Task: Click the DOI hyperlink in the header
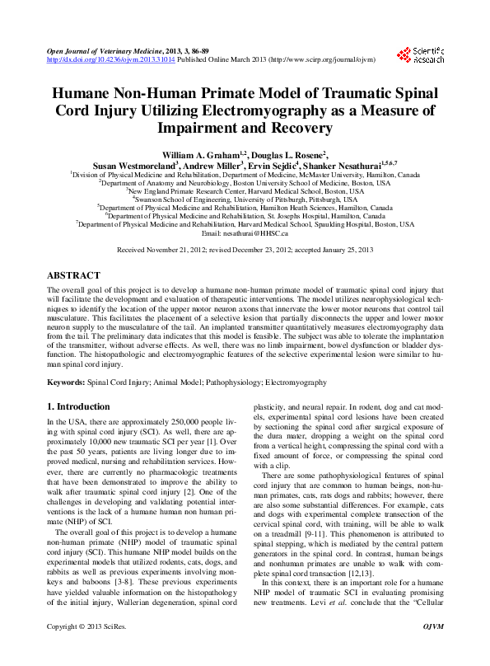(95, 60)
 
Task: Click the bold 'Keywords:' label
(66, 383)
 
